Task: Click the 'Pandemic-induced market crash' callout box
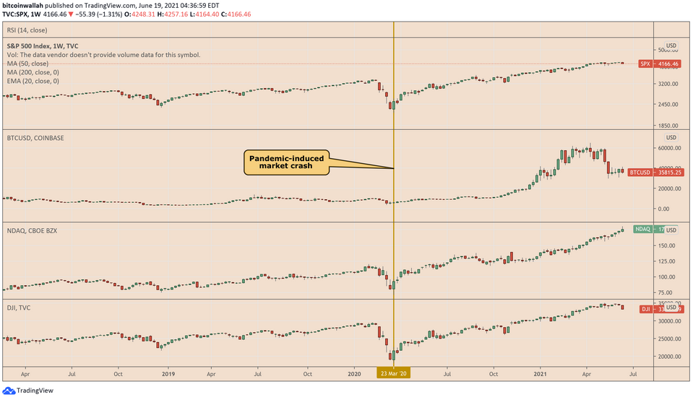click(287, 163)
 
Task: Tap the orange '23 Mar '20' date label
click(394, 373)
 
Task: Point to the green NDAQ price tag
click(646, 230)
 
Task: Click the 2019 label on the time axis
click(168, 374)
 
